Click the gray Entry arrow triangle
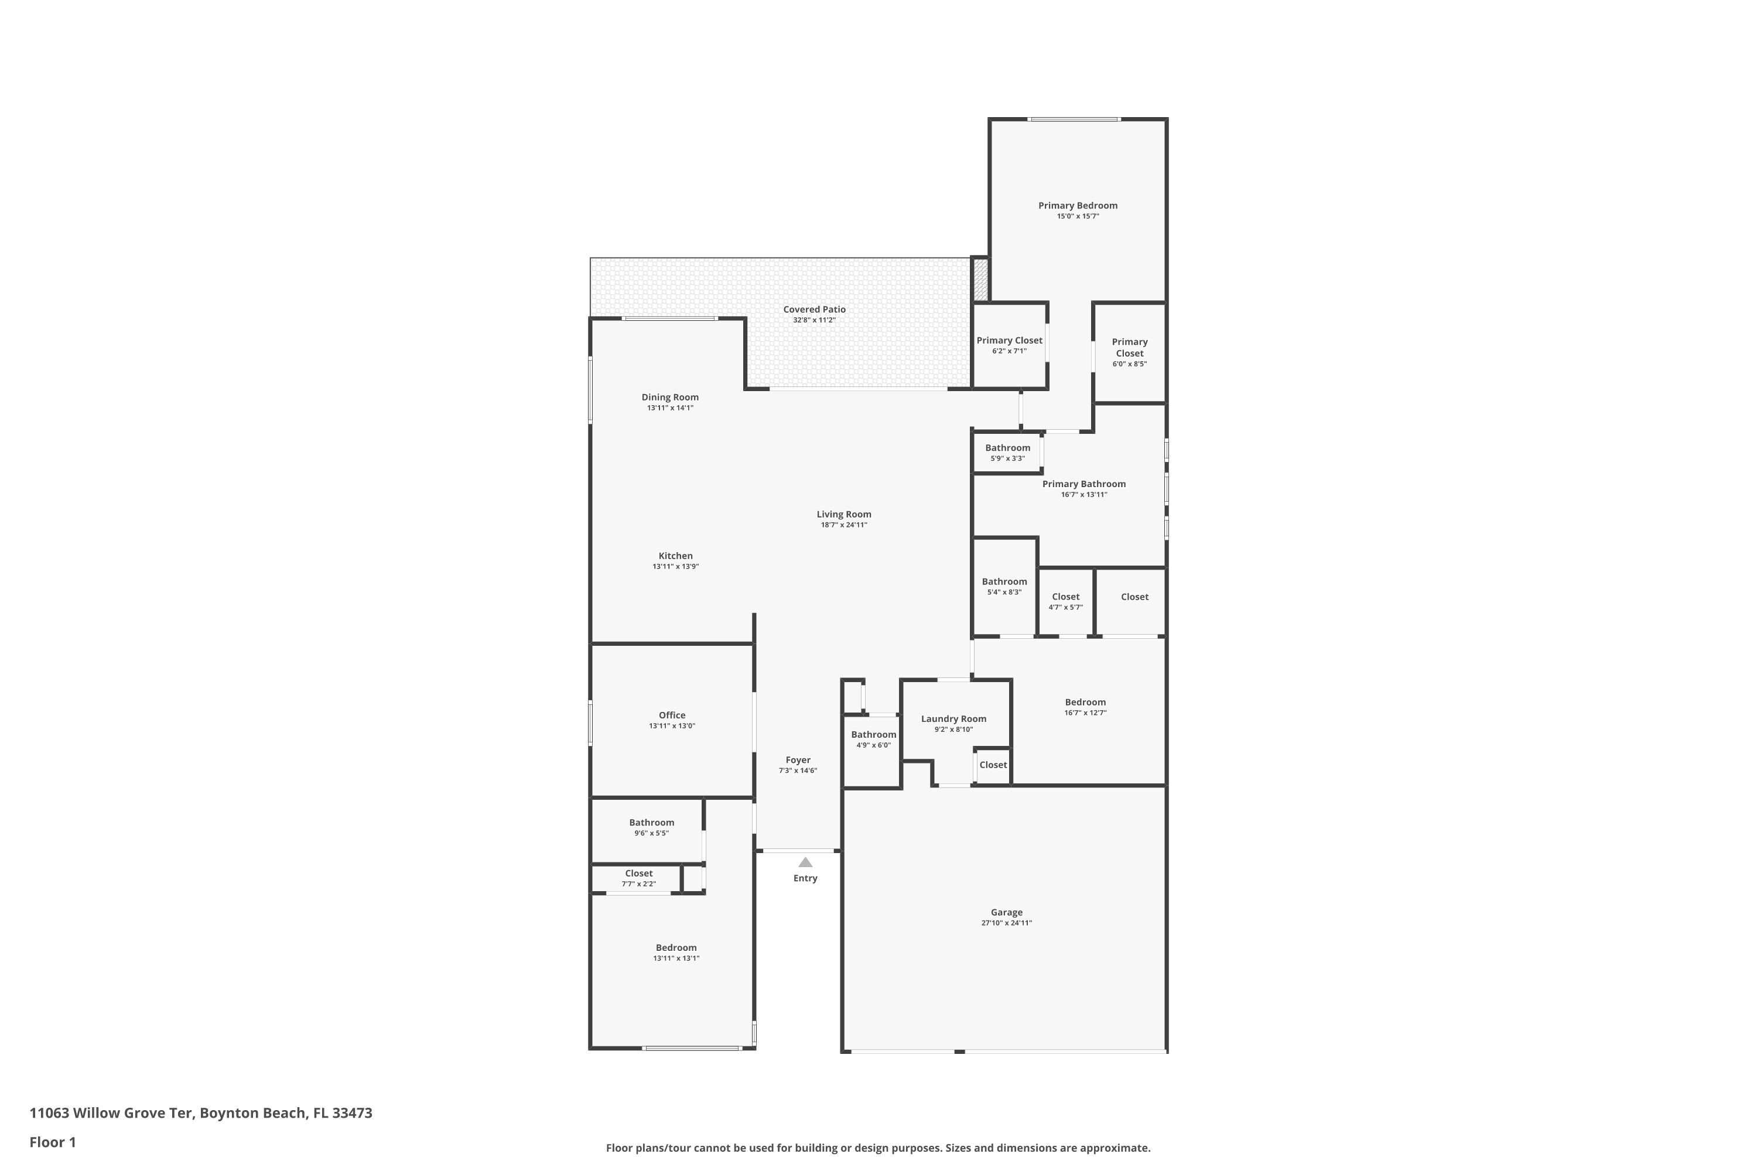pos(805,862)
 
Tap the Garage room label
pos(1006,912)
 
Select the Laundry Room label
pos(953,718)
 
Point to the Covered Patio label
pos(814,309)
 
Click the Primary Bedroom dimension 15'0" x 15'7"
pos(1077,217)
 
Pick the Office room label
pos(672,715)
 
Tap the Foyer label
pos(798,759)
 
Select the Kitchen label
pos(675,556)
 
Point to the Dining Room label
pos(670,398)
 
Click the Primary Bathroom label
pos(1084,484)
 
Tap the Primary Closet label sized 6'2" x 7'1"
pos(1009,341)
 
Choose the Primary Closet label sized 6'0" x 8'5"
pos(1130,347)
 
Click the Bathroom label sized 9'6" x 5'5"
pos(651,822)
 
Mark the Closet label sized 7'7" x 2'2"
pos(639,873)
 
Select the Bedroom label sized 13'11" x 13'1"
pos(676,948)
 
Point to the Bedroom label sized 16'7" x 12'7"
pos(1085,702)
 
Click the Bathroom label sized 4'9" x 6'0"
pos(873,734)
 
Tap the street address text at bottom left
pos(201,1113)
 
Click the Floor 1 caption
pos(53,1142)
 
